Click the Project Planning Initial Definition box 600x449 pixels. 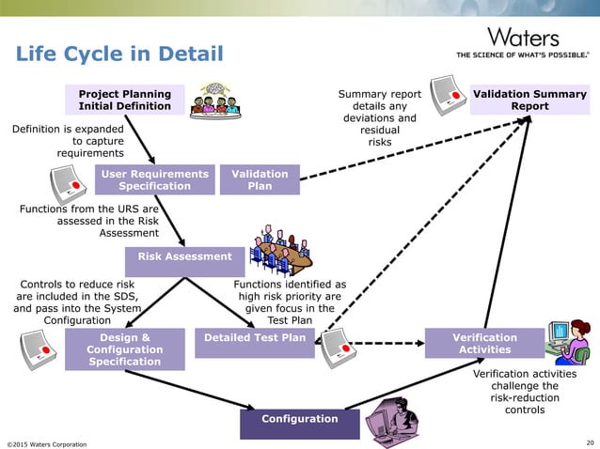[x=125, y=100]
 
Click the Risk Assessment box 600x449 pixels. [x=184, y=256]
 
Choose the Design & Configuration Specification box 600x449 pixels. [x=124, y=348]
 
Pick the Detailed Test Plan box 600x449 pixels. [x=255, y=337]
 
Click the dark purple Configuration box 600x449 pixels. [x=300, y=419]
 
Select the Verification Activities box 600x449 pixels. [x=484, y=343]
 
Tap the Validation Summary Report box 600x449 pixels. [x=529, y=100]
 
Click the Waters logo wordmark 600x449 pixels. [x=523, y=39]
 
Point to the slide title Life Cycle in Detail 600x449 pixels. [x=119, y=54]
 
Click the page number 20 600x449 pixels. [x=589, y=442]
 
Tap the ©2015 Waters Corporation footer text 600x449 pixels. [x=47, y=443]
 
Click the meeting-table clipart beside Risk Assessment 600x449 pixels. [x=280, y=249]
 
